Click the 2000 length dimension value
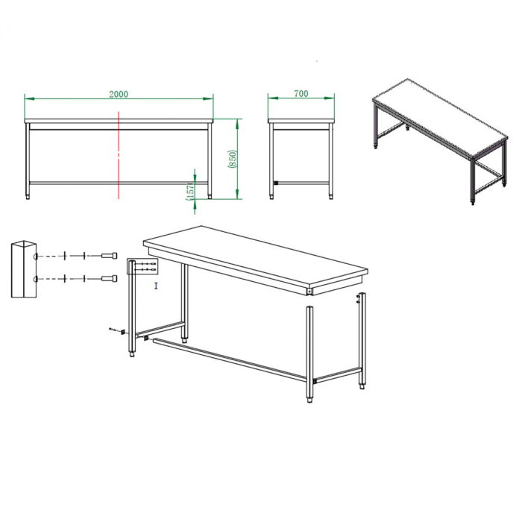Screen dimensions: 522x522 (x=119, y=94)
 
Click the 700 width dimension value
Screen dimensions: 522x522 (x=301, y=94)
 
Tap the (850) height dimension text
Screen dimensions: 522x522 (x=232, y=159)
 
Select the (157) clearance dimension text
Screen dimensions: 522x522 (x=190, y=192)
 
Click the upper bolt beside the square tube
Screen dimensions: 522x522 (x=109, y=257)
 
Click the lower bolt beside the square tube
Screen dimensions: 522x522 (x=109, y=279)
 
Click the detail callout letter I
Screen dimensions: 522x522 (x=156, y=286)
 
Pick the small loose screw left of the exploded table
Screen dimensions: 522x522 (x=113, y=329)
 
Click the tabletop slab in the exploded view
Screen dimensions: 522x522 (x=254, y=254)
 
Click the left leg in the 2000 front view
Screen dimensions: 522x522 (x=29, y=160)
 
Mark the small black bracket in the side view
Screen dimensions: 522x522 (x=275, y=183)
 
